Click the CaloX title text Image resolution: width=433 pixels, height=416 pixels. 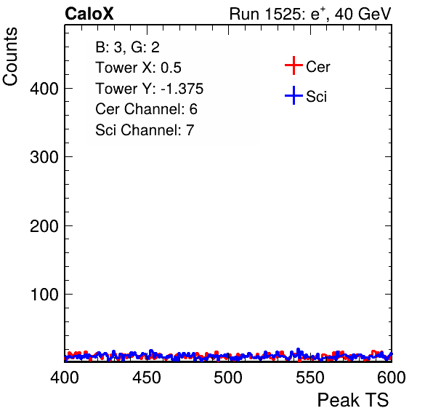89,14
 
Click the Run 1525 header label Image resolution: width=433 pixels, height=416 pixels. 310,14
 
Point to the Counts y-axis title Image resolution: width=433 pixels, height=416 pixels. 10,57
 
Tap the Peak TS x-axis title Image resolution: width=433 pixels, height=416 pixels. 353,400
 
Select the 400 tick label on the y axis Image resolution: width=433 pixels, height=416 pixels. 44,89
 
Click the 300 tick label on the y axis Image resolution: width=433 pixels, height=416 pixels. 44,157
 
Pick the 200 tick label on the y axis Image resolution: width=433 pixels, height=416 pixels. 44,226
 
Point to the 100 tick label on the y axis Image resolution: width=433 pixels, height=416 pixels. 44,295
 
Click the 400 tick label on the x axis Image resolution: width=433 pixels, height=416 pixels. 65,377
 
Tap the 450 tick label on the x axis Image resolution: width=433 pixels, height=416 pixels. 146,377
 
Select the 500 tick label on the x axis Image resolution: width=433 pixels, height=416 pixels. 228,377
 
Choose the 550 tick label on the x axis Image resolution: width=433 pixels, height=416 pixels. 309,377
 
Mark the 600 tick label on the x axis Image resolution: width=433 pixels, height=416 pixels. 392,377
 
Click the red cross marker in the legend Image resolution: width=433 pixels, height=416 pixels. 294,65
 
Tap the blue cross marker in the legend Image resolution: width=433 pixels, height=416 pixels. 294,95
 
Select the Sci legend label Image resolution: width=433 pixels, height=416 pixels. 317,97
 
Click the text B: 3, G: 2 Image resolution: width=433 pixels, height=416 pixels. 128,47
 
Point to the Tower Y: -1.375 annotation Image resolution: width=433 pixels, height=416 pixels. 150,89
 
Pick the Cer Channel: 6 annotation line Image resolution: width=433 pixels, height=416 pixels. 146,109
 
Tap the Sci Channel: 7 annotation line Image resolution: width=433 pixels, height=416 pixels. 145,130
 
